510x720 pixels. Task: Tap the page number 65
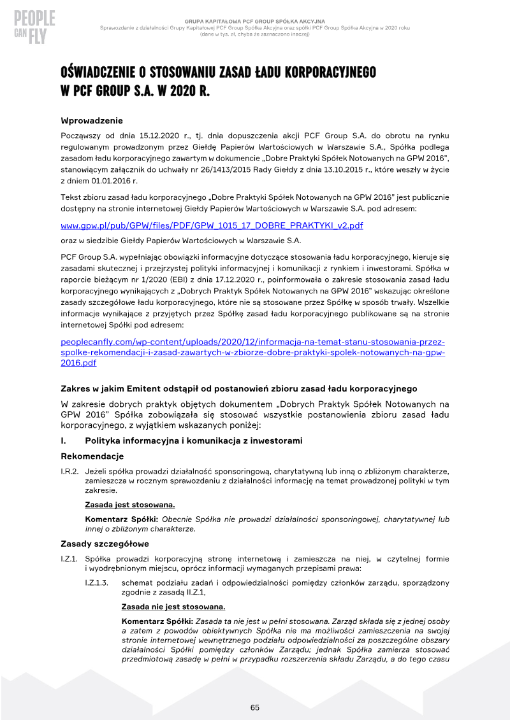[255, 707]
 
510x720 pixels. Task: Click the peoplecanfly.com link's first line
[252, 342]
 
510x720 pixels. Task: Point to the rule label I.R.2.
[69, 471]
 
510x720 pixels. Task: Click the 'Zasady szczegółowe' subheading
[105, 544]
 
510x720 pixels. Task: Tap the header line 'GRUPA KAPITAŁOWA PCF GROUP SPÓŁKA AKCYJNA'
[255, 21]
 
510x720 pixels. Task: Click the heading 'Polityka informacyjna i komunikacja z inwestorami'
[194, 441]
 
